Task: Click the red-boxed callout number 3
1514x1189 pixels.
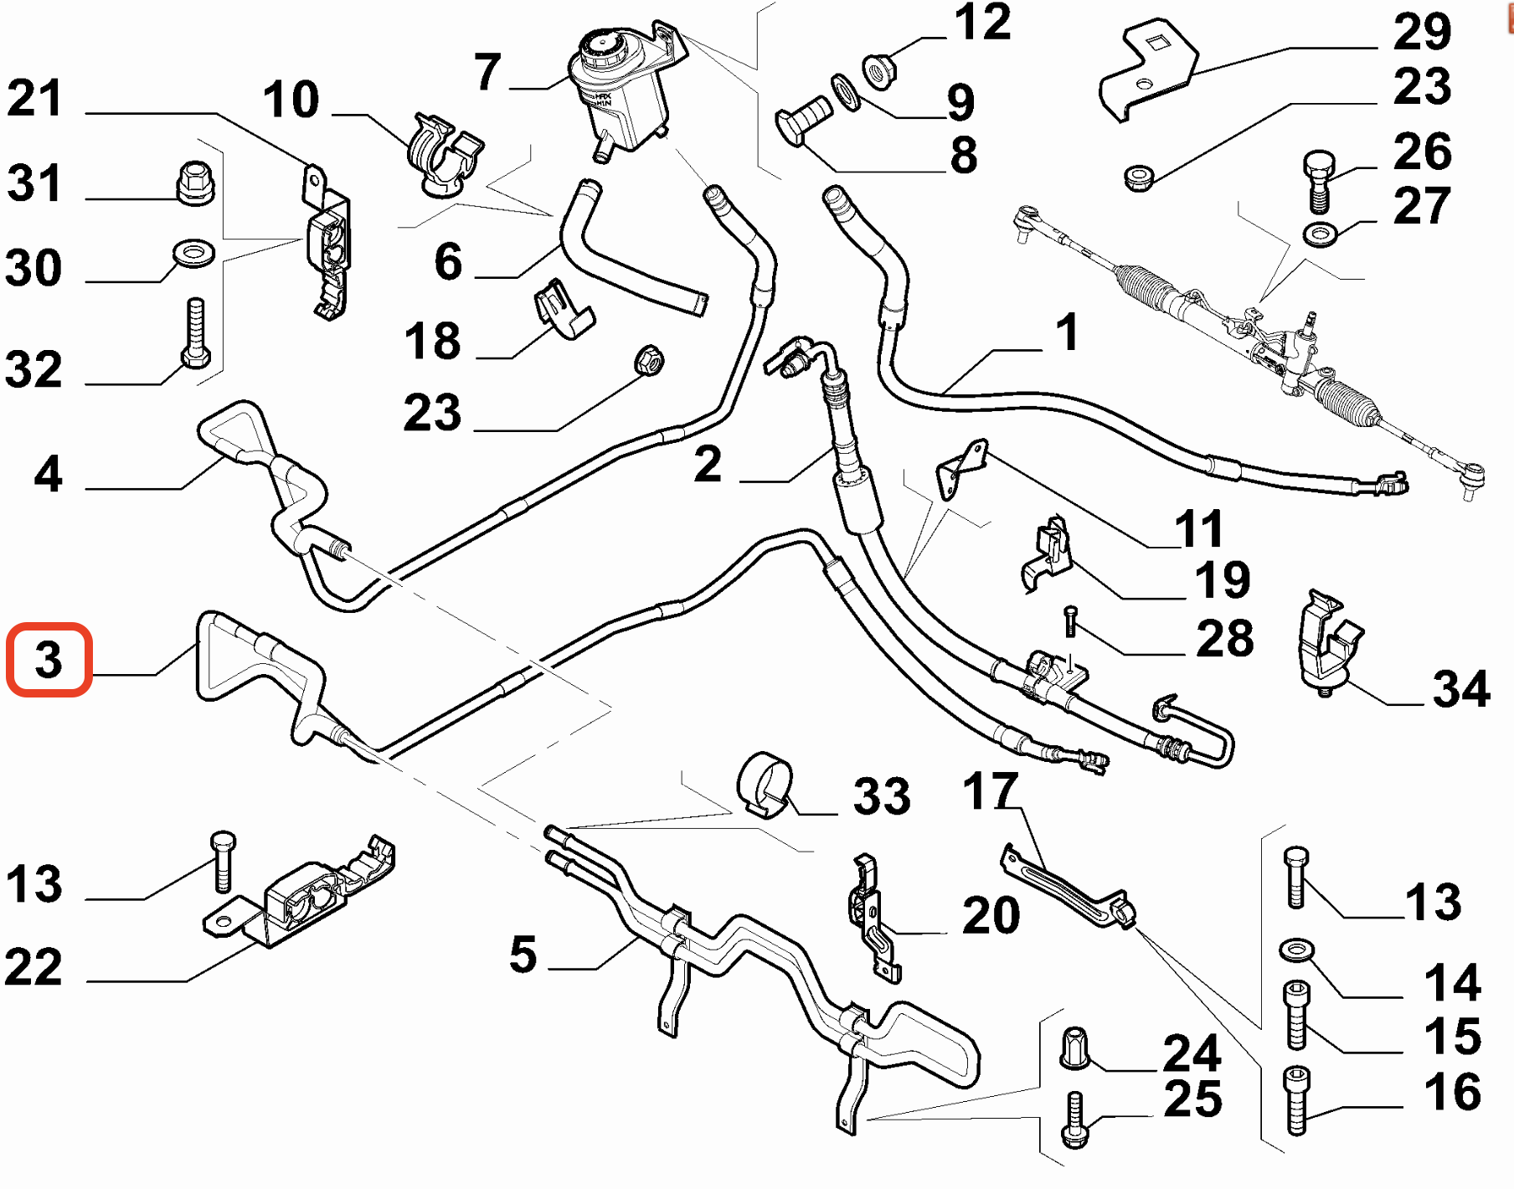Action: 49,660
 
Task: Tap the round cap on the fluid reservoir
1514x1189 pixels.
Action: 601,47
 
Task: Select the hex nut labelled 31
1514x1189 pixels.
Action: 195,182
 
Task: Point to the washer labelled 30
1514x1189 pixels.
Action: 193,251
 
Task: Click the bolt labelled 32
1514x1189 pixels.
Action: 195,333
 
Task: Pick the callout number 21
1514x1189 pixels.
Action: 34,99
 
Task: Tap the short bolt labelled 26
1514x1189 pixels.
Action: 1318,180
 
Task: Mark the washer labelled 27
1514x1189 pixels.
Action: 1321,234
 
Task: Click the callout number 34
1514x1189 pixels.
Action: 1461,689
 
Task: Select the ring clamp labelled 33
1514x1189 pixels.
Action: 765,784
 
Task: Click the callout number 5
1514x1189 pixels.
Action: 523,955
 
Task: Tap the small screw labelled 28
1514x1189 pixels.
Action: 1070,622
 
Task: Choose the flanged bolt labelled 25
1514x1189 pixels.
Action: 1074,1120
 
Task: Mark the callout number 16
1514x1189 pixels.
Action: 1453,1092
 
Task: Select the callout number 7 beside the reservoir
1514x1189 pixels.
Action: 487,72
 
